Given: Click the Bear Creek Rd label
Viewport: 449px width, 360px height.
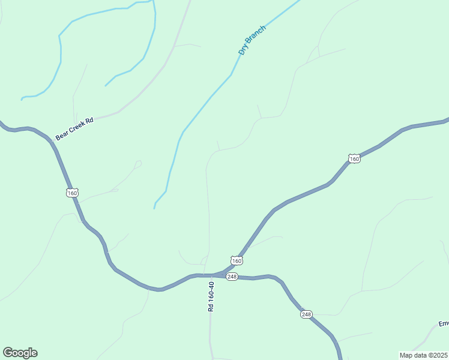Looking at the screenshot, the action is click(x=75, y=128).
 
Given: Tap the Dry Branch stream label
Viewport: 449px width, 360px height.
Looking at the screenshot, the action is click(x=252, y=40).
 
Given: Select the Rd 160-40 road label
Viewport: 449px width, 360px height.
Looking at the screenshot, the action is click(x=211, y=296).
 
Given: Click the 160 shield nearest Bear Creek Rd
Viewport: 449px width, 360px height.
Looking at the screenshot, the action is click(x=72, y=193).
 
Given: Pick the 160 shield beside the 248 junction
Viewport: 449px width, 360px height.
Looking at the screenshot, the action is click(x=237, y=261).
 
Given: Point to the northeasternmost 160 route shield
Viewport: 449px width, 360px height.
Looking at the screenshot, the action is click(x=354, y=158).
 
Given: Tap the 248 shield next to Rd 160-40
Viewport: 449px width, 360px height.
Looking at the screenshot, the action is click(x=232, y=276).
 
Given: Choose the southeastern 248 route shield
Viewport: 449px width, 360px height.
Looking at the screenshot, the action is click(x=306, y=314).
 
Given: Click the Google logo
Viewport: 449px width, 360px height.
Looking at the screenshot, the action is click(x=20, y=353).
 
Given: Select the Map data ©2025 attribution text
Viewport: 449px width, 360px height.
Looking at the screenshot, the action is click(x=424, y=355).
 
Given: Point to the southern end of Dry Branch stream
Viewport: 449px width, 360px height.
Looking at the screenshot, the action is click(x=154, y=208).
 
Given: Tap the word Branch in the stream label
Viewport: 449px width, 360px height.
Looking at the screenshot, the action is click(x=256, y=35).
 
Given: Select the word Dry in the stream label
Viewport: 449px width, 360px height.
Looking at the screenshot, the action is click(x=243, y=50).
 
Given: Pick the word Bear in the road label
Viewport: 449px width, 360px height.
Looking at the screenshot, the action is click(x=61, y=136).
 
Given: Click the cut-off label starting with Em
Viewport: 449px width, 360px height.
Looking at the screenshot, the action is click(x=444, y=324).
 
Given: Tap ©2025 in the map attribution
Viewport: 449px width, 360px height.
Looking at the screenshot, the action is click(x=437, y=355).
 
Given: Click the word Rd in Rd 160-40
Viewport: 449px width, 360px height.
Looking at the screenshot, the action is click(x=211, y=307).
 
